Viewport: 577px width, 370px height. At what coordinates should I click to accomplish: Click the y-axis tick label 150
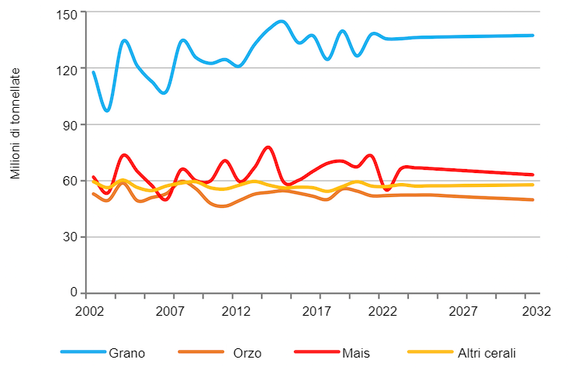tap(67, 13)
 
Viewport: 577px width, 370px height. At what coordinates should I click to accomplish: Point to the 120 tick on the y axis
tap(67, 69)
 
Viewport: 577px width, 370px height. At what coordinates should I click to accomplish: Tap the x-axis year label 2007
tap(171, 311)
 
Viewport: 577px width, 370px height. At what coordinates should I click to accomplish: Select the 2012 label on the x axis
tap(237, 311)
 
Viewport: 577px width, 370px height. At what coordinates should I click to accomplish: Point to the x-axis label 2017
tap(317, 311)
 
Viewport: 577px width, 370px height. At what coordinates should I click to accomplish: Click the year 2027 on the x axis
tap(465, 311)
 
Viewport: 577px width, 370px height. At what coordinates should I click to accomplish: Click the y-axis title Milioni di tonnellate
tap(16, 124)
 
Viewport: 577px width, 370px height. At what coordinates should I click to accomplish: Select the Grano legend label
tap(126, 353)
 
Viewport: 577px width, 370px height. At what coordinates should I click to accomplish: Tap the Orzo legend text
tap(247, 353)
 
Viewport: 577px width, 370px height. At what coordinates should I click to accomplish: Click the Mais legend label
tap(355, 353)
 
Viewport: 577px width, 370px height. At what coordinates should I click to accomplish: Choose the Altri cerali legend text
tap(486, 353)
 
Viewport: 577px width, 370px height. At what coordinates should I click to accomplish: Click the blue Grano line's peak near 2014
tap(281, 22)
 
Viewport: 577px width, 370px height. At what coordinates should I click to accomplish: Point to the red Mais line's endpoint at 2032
tap(533, 175)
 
